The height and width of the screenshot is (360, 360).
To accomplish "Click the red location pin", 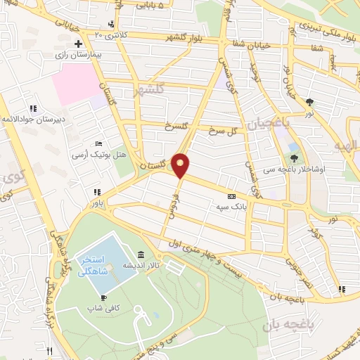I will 181,165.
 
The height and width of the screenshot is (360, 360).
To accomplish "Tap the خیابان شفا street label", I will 246,44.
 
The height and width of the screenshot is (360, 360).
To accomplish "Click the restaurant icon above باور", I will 97,192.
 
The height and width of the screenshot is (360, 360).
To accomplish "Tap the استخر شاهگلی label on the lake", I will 96,264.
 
